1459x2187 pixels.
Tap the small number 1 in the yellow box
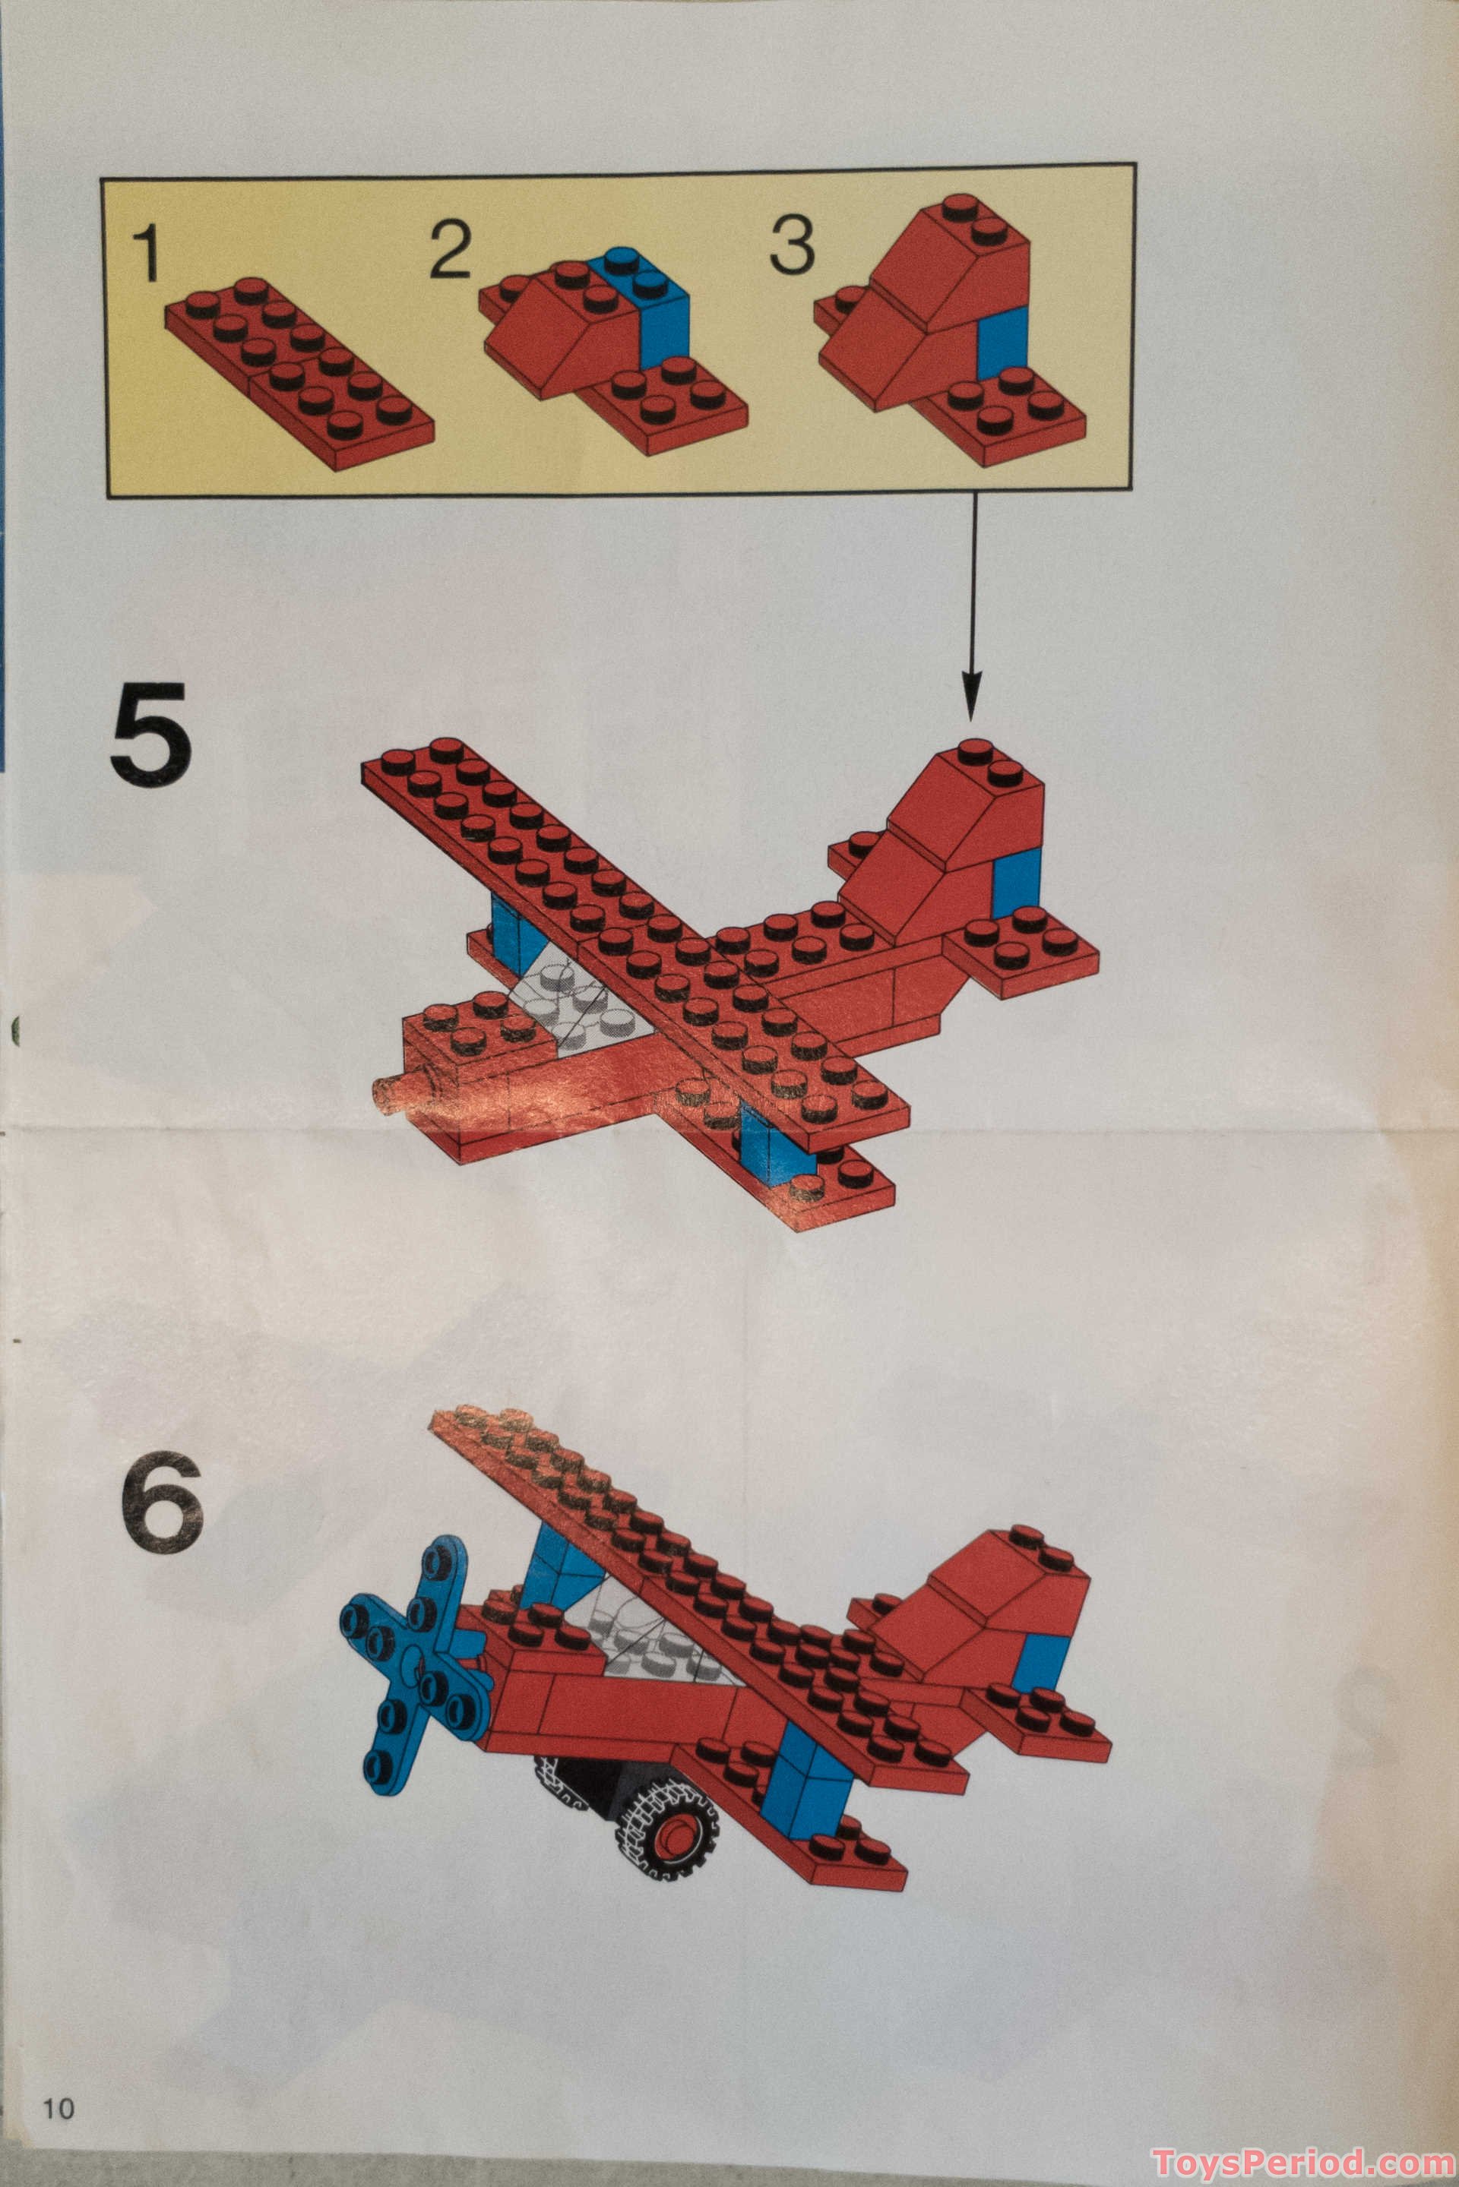point(146,252)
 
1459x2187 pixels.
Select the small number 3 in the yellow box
point(792,245)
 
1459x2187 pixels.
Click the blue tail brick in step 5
point(1015,883)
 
